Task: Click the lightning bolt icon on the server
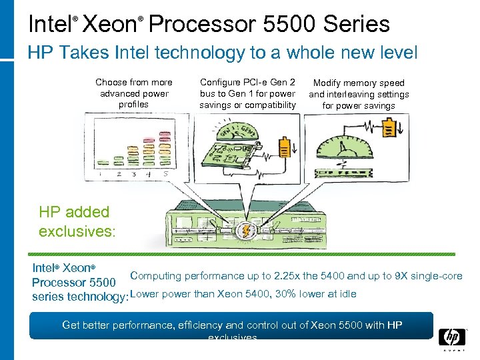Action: tap(247, 231)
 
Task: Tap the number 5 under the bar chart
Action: tap(165, 174)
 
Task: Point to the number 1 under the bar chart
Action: tap(99, 174)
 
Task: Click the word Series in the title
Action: tap(357, 24)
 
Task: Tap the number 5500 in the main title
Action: tap(290, 24)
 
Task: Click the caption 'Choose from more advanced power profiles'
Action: tap(134, 93)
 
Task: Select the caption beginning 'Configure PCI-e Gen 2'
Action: tap(247, 93)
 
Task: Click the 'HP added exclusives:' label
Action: tap(77, 222)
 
